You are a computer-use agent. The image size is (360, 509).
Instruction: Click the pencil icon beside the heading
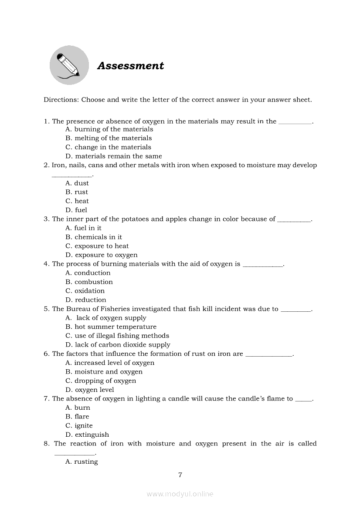(x=69, y=65)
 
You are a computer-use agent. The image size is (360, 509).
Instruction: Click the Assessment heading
(x=130, y=66)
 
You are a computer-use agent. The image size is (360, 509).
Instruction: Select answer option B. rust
(x=77, y=192)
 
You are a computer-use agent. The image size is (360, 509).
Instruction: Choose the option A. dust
(x=77, y=183)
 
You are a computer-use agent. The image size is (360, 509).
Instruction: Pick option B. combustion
(x=89, y=282)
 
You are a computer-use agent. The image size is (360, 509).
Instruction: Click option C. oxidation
(x=85, y=291)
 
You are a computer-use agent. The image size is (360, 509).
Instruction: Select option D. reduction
(x=86, y=300)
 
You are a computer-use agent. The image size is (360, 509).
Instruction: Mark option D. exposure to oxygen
(x=101, y=255)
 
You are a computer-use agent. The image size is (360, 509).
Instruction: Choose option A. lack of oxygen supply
(x=105, y=318)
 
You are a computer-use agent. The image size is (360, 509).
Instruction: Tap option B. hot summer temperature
(x=111, y=327)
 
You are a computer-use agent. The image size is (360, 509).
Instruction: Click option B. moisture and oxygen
(x=104, y=372)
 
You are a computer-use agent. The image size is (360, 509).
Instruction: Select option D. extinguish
(x=87, y=435)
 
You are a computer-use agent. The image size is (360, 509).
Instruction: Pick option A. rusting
(x=82, y=462)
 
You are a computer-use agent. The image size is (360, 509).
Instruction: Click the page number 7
(x=180, y=475)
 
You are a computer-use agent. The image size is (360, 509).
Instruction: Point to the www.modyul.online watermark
(x=180, y=494)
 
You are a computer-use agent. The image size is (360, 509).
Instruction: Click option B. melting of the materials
(x=109, y=138)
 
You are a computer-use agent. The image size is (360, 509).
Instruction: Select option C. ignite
(x=79, y=425)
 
